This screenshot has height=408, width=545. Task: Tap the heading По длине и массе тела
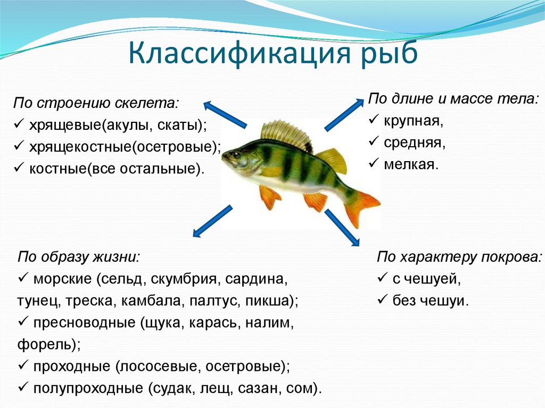[453, 99]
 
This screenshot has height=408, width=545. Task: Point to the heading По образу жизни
[79, 257]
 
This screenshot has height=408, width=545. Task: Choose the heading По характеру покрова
[459, 257]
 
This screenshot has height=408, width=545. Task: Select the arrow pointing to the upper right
[343, 114]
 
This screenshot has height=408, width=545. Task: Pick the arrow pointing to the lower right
[342, 227]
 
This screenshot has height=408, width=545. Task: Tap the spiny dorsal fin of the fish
[287, 134]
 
